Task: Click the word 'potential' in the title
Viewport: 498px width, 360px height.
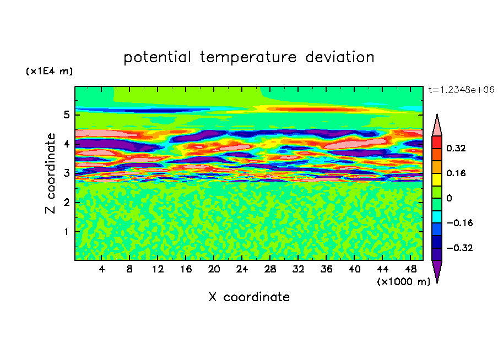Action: click(157, 57)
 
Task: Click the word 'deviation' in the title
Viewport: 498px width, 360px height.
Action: click(340, 57)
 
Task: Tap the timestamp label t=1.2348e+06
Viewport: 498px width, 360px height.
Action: click(461, 90)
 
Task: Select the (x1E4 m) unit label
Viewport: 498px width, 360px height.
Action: click(49, 71)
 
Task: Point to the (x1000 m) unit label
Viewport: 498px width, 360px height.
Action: click(403, 282)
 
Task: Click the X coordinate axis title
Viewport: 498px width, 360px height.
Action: click(249, 297)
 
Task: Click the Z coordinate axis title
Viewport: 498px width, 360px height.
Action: click(50, 173)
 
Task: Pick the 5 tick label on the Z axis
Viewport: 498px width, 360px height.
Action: click(66, 114)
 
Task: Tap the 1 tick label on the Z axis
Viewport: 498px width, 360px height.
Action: click(66, 232)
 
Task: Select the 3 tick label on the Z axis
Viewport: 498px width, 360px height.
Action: click(66, 173)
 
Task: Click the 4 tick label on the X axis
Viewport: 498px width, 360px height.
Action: click(101, 269)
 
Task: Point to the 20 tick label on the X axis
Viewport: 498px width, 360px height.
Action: click(214, 269)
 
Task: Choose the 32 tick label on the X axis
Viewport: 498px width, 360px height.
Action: click(298, 269)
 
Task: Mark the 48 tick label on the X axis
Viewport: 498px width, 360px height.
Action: click(410, 269)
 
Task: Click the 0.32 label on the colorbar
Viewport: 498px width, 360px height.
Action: click(456, 148)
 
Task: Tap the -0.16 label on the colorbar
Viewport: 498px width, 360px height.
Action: click(459, 223)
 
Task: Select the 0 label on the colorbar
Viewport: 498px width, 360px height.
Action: click(449, 198)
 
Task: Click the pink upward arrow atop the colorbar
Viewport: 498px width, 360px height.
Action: click(437, 125)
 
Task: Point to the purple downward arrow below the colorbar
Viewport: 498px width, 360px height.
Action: click(437, 271)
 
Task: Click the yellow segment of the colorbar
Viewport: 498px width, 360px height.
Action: click(437, 179)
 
